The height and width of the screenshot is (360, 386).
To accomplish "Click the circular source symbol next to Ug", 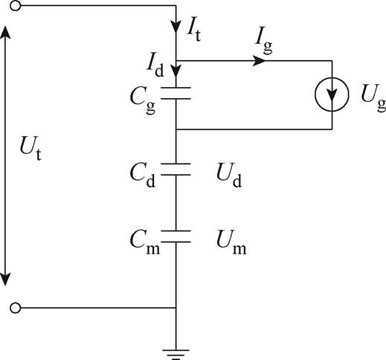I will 332,96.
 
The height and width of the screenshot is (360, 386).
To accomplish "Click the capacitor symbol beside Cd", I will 176,170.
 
